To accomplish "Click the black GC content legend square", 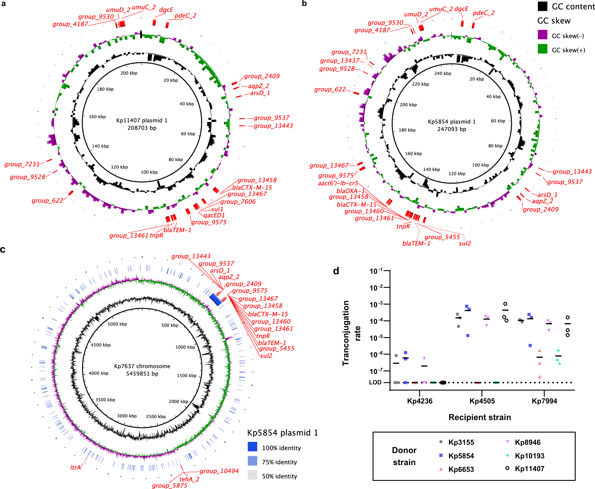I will pyautogui.click(x=542, y=6).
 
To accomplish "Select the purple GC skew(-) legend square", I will pyautogui.click(x=542, y=35).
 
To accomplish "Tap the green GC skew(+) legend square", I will pyautogui.click(x=542, y=49).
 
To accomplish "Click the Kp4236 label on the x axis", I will pyautogui.click(x=420, y=401).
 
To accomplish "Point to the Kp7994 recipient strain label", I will pyautogui.click(x=544, y=401).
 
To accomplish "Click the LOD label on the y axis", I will pyautogui.click(x=375, y=382).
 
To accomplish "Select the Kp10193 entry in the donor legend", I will pyautogui.click(x=530, y=456).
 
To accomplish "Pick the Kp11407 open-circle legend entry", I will pyautogui.click(x=507, y=468).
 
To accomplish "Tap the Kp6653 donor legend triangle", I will pyautogui.click(x=441, y=469).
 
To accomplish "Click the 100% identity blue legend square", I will pyautogui.click(x=252, y=447).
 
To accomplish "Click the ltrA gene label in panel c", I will pyautogui.click(x=76, y=468).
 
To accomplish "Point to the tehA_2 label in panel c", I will pyautogui.click(x=189, y=479).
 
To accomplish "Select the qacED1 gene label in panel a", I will pyautogui.click(x=214, y=215).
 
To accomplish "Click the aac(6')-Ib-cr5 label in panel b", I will pyautogui.click(x=338, y=183).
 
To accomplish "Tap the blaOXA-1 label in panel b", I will pyautogui.click(x=350, y=191).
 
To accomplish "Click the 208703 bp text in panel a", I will pyautogui.click(x=142, y=128).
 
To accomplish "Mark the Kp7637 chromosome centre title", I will pyautogui.click(x=142, y=366).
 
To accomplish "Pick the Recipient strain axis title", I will pyautogui.click(x=480, y=417).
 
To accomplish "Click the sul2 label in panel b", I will pyautogui.click(x=465, y=243).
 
